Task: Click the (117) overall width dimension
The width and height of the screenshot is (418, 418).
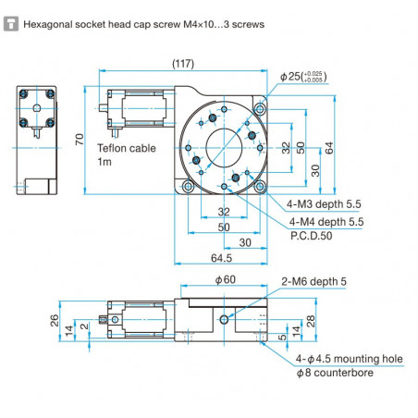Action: (x=183, y=63)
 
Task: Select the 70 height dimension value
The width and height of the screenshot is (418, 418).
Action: (x=80, y=140)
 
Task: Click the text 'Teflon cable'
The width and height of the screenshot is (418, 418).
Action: (x=125, y=146)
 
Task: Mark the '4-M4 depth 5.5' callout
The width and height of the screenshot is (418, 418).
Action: (x=326, y=222)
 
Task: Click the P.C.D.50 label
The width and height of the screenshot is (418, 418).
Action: (x=313, y=236)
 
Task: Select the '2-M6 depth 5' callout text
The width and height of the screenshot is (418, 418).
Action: (x=313, y=281)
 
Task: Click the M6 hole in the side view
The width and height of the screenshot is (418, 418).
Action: (x=224, y=321)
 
